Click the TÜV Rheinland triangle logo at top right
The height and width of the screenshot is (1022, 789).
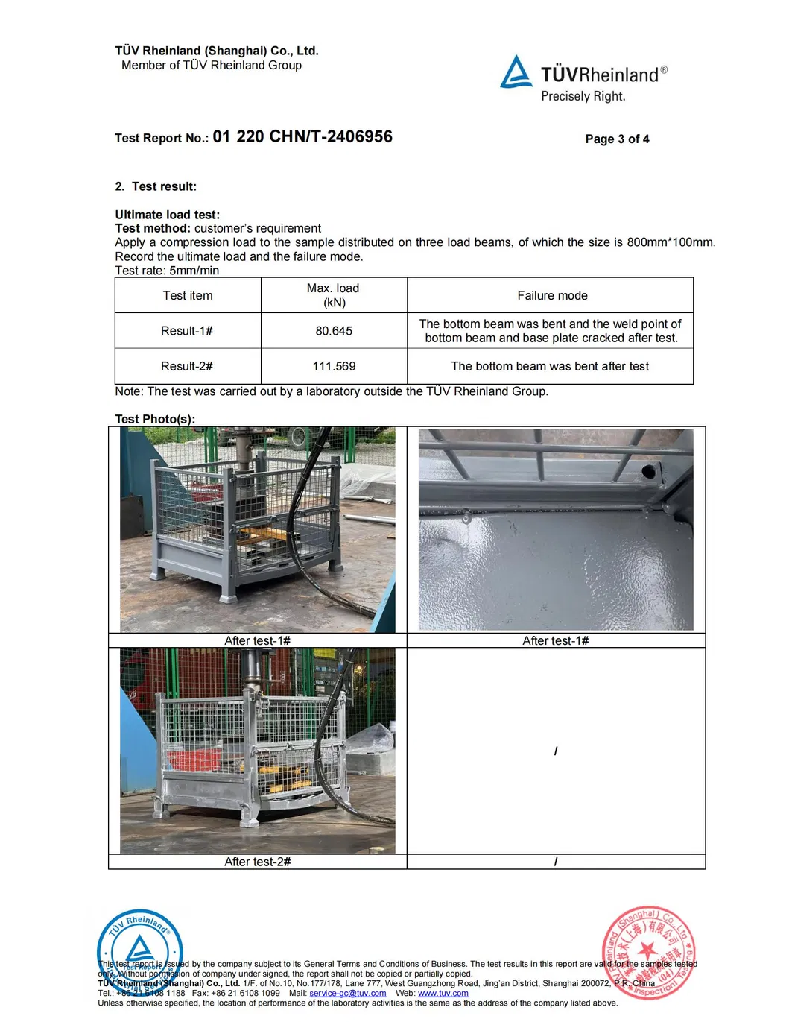click(x=516, y=73)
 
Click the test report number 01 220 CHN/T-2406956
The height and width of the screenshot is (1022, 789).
click(x=302, y=137)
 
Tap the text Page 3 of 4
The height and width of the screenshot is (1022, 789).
click(x=617, y=139)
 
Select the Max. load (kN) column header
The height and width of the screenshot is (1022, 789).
click(x=333, y=295)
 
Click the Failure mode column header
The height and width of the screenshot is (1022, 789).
click(x=552, y=296)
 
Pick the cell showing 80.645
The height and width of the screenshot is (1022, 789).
click(x=334, y=331)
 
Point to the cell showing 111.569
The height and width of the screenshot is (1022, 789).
click(x=334, y=366)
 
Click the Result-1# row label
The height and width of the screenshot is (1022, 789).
click(x=187, y=331)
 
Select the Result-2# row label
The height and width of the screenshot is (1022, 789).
click(x=187, y=366)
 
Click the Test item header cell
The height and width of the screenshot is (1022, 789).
click(x=188, y=296)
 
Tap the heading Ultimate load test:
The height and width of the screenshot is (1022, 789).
click(x=168, y=215)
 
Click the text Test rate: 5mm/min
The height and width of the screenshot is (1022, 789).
click(x=167, y=271)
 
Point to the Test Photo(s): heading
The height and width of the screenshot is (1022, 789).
click(x=155, y=419)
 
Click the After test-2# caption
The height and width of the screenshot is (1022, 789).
click(x=258, y=862)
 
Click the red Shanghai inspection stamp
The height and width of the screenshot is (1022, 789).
click(x=648, y=952)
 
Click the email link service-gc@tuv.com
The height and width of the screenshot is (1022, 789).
click(x=348, y=993)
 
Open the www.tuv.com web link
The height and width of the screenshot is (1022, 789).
click(x=443, y=993)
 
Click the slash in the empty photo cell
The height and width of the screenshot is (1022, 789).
click(x=556, y=751)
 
